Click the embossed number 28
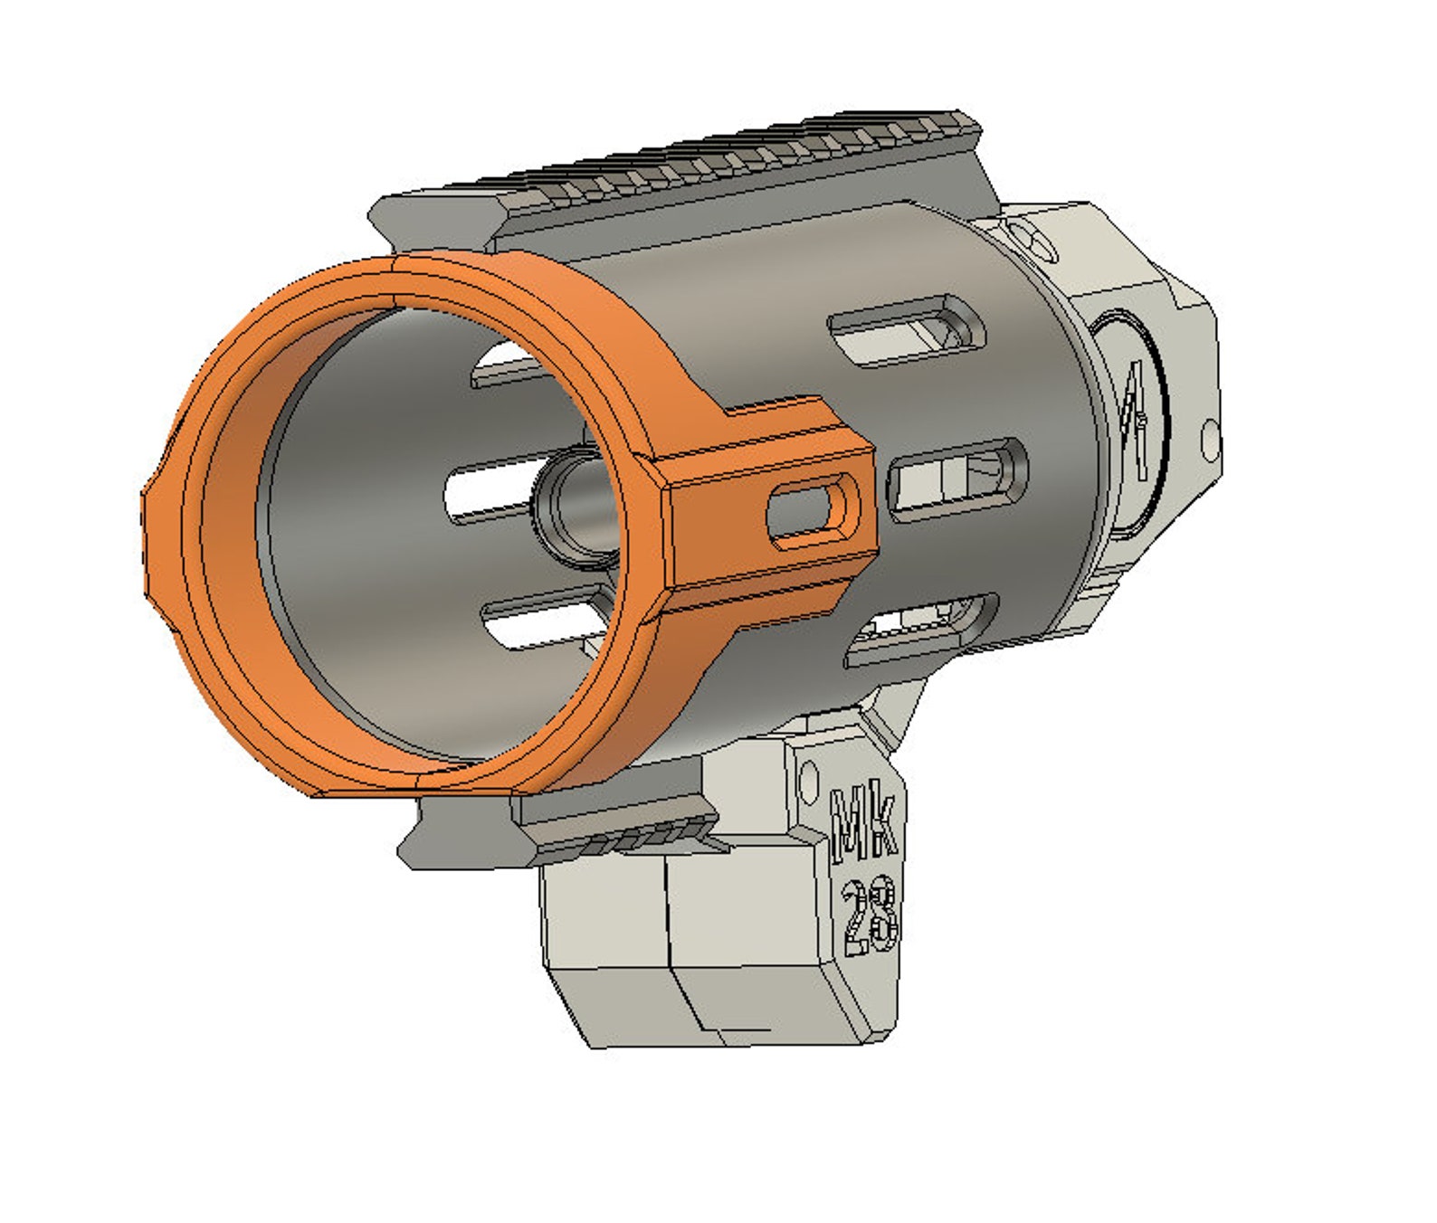[x=868, y=917]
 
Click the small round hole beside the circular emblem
[x=1209, y=435]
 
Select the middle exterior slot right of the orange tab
[x=957, y=478]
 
